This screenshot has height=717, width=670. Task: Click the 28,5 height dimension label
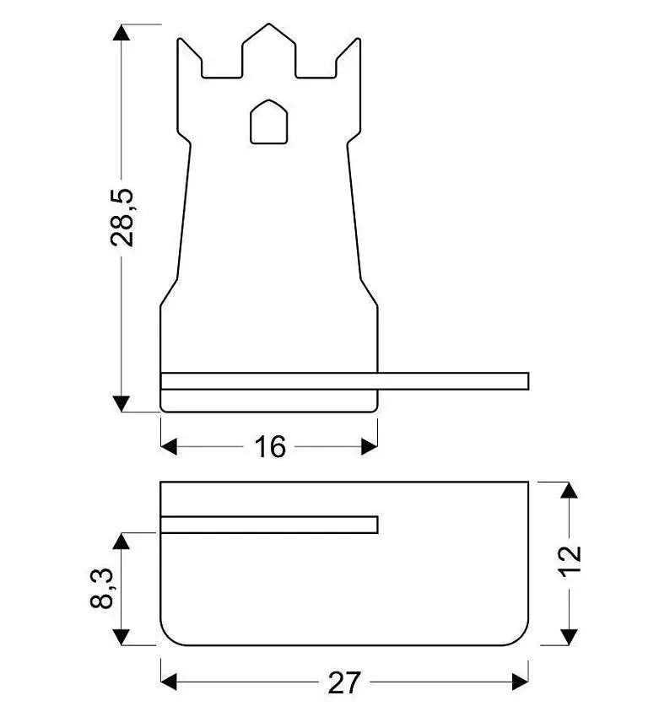click(x=122, y=218)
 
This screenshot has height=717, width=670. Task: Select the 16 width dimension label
click(x=270, y=447)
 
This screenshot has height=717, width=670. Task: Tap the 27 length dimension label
click(x=344, y=682)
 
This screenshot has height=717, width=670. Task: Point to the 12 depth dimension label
click(x=570, y=562)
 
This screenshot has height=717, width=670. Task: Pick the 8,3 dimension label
click(x=101, y=588)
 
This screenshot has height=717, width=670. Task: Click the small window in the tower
click(x=269, y=121)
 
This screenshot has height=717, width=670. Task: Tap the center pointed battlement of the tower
click(x=268, y=51)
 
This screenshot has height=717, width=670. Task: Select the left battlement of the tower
click(x=189, y=58)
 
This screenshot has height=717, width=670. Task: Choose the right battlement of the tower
click(x=349, y=58)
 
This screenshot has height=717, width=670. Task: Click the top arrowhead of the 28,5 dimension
click(x=122, y=32)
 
